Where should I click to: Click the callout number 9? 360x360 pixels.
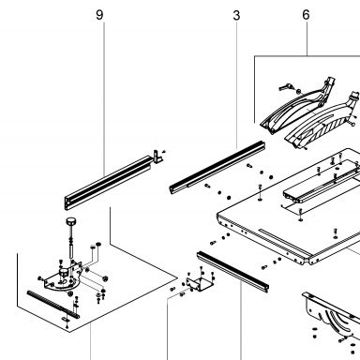99,15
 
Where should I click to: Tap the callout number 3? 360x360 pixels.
236,15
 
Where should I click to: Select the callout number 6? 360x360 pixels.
306,15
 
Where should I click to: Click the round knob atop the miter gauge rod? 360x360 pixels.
71,221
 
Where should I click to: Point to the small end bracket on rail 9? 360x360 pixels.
157,156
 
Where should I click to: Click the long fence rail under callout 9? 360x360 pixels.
108,183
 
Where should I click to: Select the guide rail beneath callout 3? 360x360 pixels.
217,168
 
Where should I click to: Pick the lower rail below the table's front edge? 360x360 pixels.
233,271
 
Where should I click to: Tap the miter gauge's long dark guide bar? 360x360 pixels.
53,304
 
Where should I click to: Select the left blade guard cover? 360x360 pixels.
295,108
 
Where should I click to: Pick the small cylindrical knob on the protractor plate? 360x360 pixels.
65,272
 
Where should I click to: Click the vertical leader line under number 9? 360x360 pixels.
104,97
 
